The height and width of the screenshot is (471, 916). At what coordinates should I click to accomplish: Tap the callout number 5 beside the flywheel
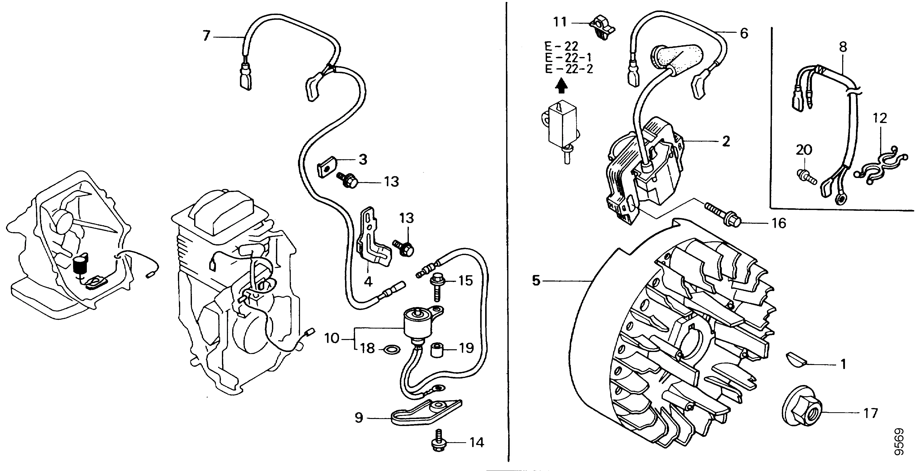[x=536, y=280]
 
